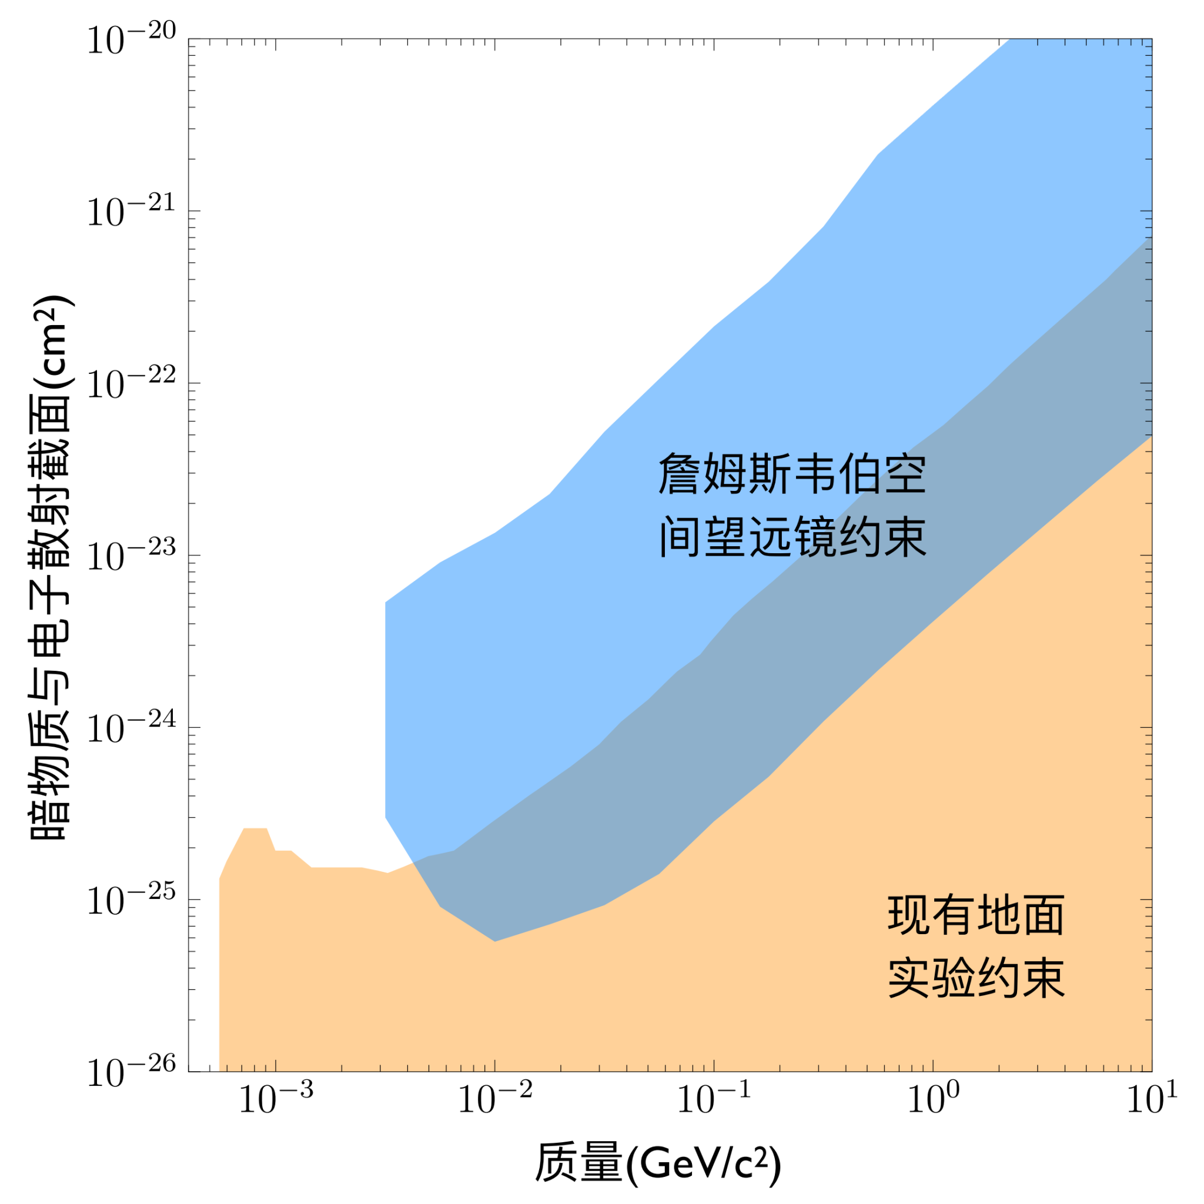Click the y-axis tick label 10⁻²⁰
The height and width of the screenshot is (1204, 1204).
tap(132, 41)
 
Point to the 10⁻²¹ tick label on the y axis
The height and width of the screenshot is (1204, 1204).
tap(132, 212)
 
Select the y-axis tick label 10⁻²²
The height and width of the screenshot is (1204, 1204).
tap(132, 384)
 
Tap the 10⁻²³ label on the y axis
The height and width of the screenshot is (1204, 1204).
tap(132, 557)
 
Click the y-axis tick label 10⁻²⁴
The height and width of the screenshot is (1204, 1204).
tap(132, 728)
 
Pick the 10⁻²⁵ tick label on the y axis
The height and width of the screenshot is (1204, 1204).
tap(132, 901)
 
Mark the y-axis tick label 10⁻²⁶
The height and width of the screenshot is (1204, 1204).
tap(132, 1073)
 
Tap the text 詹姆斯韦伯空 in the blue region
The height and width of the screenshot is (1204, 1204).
tap(792, 474)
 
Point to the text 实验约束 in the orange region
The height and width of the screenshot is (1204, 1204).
tap(976, 978)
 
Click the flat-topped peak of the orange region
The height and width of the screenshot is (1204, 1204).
tap(255, 829)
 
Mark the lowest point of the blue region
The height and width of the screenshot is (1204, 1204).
tap(495, 941)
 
